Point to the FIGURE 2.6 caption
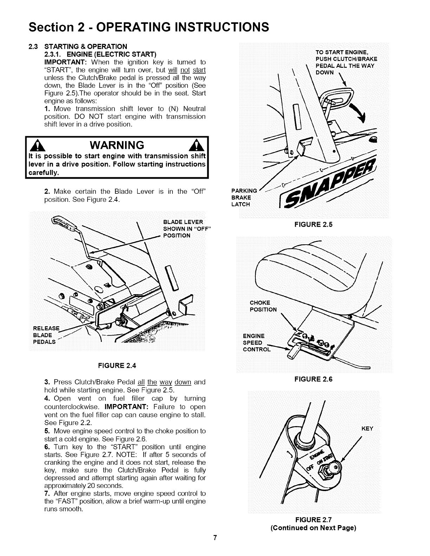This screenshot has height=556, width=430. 313,379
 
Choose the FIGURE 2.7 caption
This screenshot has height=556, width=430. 313,520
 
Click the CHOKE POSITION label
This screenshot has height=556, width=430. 263,306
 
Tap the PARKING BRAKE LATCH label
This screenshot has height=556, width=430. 245,198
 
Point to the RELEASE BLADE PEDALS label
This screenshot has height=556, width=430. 46,335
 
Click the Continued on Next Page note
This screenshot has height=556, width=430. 313,528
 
